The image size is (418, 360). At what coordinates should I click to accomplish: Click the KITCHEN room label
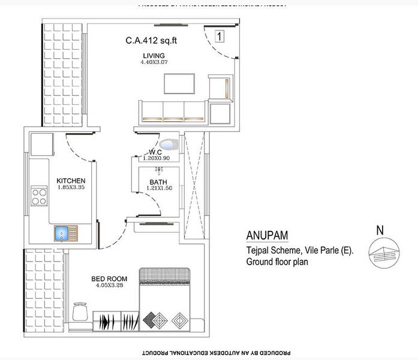pos(71,181)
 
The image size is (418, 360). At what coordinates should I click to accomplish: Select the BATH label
pos(158,182)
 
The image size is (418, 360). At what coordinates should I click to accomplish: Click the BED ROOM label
pos(109,278)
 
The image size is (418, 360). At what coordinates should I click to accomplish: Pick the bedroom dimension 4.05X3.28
pos(109,286)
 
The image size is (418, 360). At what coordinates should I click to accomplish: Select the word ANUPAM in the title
pos(267,235)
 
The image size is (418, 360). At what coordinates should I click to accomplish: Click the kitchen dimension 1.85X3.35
pos(71,188)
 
